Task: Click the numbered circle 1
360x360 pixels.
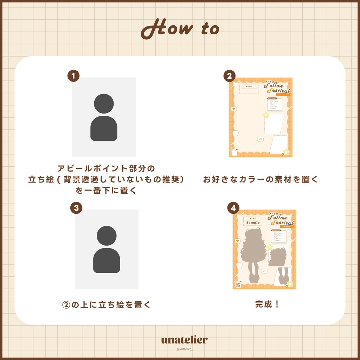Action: (73, 76)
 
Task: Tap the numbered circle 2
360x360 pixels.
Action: (230, 76)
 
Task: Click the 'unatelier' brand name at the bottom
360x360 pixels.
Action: (184, 340)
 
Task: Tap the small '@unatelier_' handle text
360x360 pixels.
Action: (184, 349)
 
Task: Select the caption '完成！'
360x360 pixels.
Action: (267, 304)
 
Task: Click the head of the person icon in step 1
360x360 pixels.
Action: (104, 104)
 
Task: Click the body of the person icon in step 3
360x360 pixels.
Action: (107, 261)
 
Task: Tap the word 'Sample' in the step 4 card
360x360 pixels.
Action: (253, 223)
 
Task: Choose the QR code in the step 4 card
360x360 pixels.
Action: (238, 285)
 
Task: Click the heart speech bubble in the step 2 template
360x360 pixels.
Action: (233, 109)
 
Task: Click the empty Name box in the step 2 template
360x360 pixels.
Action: (249, 90)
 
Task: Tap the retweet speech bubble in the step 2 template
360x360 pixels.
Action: (261, 139)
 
